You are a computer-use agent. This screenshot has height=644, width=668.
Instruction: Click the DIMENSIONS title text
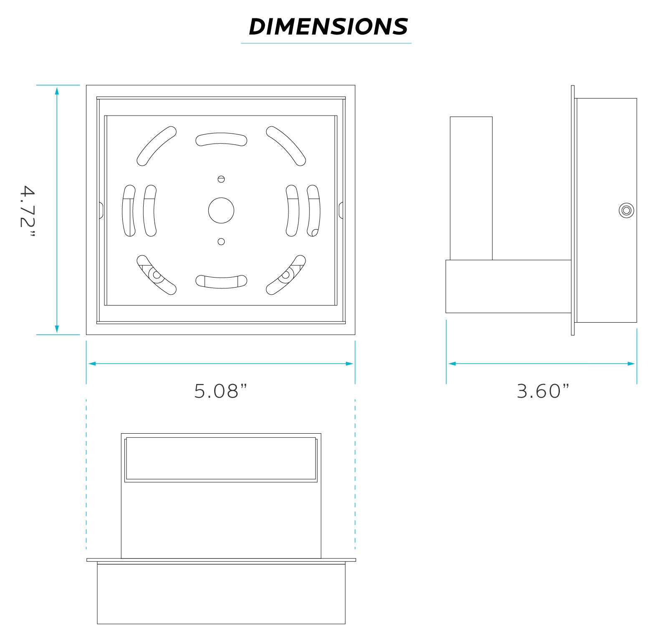tap(328, 27)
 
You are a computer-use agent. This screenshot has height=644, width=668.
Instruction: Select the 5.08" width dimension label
tap(221, 391)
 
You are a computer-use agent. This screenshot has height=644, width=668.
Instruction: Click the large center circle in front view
tap(221, 210)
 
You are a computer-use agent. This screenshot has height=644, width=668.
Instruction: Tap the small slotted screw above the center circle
tap(221, 179)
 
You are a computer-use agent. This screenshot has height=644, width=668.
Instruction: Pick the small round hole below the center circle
tap(221, 242)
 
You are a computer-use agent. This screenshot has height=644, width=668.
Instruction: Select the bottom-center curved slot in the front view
tap(221, 281)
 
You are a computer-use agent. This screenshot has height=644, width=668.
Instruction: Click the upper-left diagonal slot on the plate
tap(157, 146)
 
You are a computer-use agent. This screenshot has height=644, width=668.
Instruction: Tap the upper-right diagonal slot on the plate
tap(286, 146)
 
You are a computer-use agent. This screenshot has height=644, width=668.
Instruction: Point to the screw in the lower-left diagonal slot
tap(156, 275)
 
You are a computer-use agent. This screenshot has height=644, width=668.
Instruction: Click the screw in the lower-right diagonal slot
tap(286, 275)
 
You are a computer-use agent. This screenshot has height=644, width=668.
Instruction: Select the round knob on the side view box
tap(625, 210)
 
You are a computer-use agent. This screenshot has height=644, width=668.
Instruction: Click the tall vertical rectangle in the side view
tap(471, 188)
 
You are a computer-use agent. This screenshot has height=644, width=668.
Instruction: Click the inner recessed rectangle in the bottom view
tap(221, 458)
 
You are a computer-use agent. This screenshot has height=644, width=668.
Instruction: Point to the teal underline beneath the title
tap(326, 43)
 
